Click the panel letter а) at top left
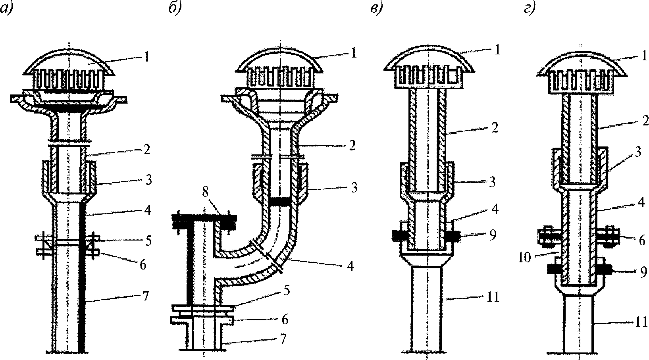(6, 10)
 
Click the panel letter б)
(175, 9)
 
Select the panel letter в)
(376, 10)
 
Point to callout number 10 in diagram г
(524, 257)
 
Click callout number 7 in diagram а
(145, 296)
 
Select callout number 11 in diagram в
(493, 297)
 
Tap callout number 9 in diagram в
(493, 235)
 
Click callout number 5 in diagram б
(287, 291)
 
